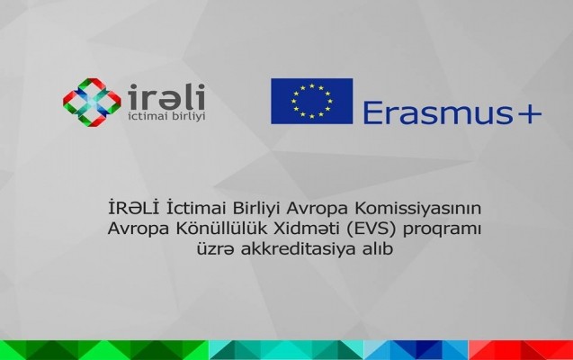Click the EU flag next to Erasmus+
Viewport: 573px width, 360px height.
point(312,102)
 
